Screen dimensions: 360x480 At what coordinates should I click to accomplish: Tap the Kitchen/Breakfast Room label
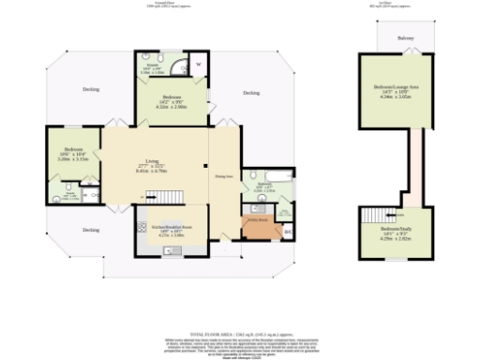165,227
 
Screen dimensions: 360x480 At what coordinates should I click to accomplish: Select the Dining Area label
223,175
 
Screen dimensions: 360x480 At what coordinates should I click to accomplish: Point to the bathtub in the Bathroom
279,174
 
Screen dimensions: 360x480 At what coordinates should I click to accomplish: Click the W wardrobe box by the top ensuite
197,65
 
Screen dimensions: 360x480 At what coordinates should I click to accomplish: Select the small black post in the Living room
205,168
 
